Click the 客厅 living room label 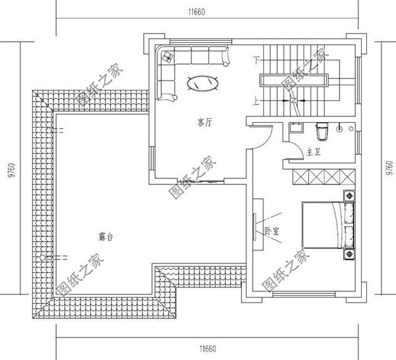[205, 122]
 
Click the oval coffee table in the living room [204, 84]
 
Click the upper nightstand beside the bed [348, 196]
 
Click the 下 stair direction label [256, 60]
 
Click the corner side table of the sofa [166, 56]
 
